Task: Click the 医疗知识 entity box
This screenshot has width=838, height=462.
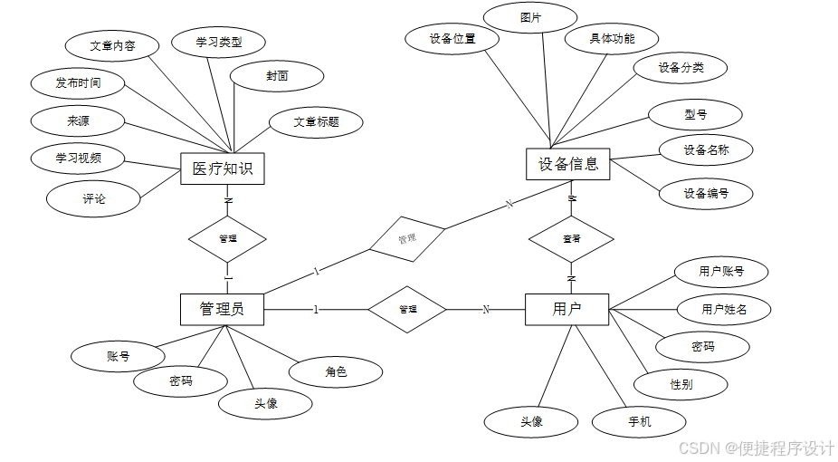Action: click(x=222, y=168)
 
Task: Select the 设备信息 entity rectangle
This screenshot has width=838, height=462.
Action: click(x=568, y=164)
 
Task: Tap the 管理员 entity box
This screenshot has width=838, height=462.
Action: click(x=222, y=309)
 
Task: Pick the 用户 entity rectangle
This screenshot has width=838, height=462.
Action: click(x=567, y=309)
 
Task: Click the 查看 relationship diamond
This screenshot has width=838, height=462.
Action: click(x=571, y=239)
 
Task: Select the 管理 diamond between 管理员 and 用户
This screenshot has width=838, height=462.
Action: click(x=407, y=309)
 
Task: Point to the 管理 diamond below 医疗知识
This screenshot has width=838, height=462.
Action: click(x=227, y=239)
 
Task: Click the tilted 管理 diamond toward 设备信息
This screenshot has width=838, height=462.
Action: click(x=407, y=238)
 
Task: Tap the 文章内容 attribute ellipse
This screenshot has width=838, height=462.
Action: click(x=113, y=46)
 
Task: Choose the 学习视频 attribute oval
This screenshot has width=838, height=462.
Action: click(x=77, y=158)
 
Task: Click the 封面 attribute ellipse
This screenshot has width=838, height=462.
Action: click(x=277, y=77)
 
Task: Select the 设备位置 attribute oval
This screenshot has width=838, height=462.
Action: click(x=452, y=39)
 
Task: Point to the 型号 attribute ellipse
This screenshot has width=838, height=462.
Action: click(x=696, y=115)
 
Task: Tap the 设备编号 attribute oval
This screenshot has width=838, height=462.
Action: click(x=706, y=193)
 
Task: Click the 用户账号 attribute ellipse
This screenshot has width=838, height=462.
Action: click(x=721, y=271)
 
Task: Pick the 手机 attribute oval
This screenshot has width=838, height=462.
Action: click(x=639, y=422)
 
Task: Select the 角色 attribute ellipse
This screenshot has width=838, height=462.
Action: click(x=336, y=371)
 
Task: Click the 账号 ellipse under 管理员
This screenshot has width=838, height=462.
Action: click(x=118, y=356)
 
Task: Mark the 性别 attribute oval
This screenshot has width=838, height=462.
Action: click(x=681, y=384)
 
